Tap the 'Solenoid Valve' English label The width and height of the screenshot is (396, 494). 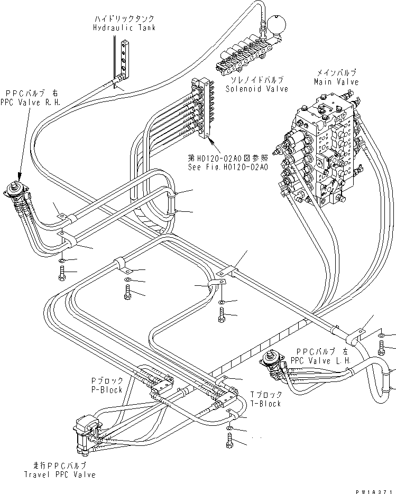point(256,89)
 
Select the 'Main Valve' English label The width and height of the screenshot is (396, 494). point(336,82)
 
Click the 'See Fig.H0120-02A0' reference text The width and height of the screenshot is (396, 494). point(228,166)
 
